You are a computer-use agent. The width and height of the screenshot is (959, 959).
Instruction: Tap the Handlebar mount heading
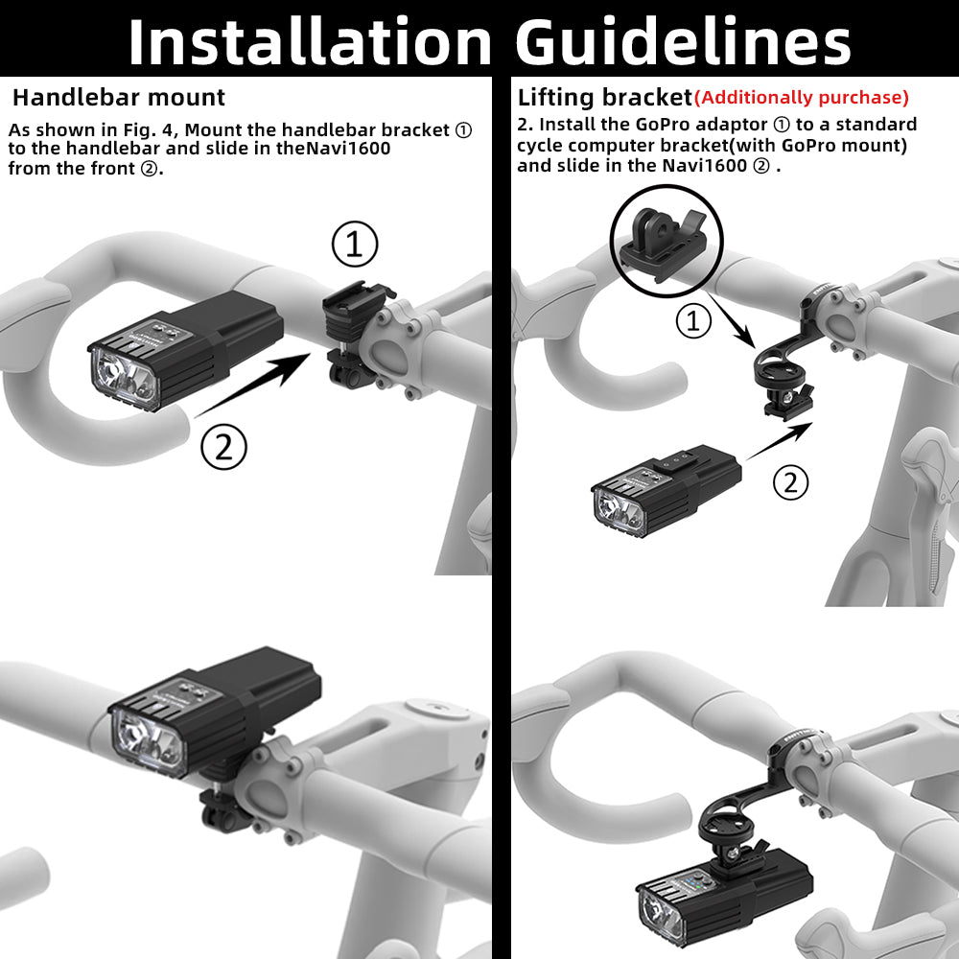(119, 97)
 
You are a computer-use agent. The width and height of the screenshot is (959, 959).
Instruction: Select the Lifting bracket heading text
(604, 97)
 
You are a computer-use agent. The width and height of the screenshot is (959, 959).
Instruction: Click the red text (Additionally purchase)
(801, 97)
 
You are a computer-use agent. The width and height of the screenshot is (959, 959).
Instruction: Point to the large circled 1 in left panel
(355, 246)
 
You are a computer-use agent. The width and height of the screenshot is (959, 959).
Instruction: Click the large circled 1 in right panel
(693, 322)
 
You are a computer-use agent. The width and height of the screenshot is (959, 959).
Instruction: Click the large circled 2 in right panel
(790, 482)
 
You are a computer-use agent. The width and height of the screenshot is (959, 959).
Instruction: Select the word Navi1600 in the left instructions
(357, 149)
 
